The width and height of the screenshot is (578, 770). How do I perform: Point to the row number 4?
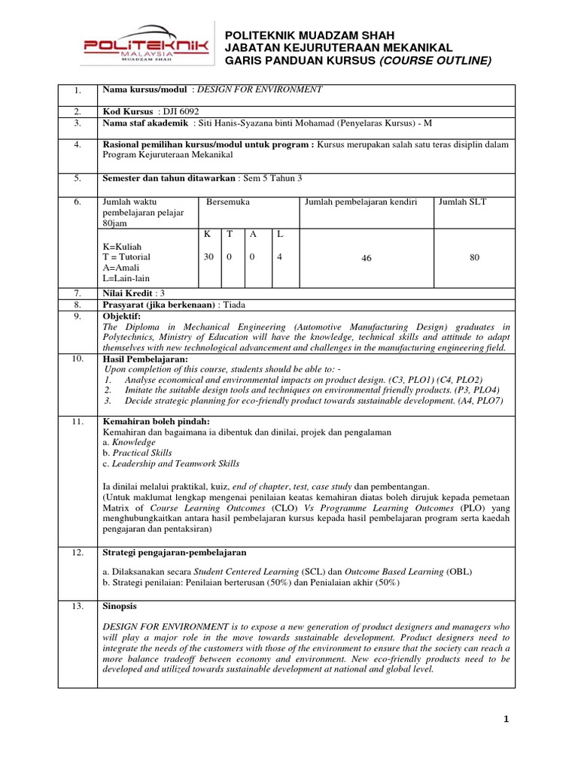[x=77, y=144]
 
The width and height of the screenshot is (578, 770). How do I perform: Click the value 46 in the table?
[x=367, y=258]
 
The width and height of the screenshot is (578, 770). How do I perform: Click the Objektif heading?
[x=121, y=317]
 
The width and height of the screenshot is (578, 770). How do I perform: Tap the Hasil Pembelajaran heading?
[x=144, y=359]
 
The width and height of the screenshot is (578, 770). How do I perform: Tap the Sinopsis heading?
[x=120, y=605]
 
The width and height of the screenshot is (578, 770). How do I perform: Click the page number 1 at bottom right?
[x=507, y=720]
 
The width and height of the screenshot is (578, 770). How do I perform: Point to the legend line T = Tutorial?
[x=126, y=256]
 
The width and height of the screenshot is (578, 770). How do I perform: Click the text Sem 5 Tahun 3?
[x=271, y=178]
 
